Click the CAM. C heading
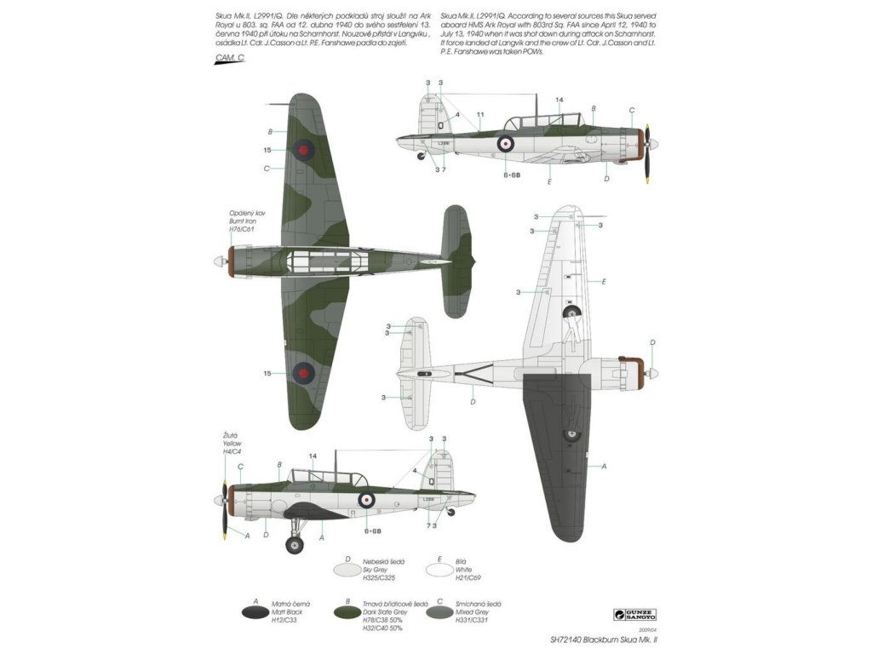(x=230, y=57)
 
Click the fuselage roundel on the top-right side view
(x=505, y=143)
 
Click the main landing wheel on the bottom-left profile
(x=295, y=545)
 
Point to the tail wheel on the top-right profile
(x=420, y=155)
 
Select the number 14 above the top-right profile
(x=559, y=100)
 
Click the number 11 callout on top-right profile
(x=480, y=114)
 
